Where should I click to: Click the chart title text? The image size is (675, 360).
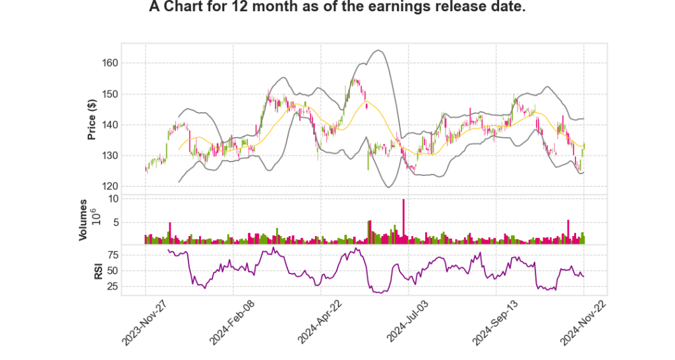(x=337, y=9)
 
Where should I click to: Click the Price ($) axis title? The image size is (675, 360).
(x=92, y=119)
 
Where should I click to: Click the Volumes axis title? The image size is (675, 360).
(x=83, y=220)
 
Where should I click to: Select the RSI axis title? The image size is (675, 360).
(x=98, y=270)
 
